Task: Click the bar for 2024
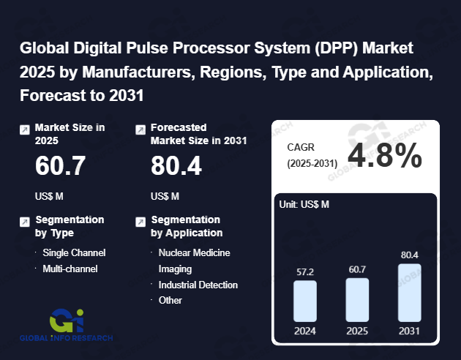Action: coord(305,301)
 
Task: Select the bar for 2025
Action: coord(357,299)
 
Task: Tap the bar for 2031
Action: coord(410,292)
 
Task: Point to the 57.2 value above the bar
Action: coord(305,271)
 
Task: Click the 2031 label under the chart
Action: coord(410,330)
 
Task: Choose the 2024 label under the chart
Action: coord(305,330)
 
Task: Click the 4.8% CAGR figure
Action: coord(384,155)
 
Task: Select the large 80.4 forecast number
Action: coord(176,167)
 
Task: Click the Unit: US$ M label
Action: coord(304,204)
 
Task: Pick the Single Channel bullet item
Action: coord(74,252)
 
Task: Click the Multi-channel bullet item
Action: coord(70,269)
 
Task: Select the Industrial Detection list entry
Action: coord(198,285)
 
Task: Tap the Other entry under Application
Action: coord(170,300)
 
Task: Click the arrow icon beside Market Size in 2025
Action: coord(25,130)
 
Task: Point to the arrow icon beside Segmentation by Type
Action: coord(25,221)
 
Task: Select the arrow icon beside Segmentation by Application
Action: coord(140,221)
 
